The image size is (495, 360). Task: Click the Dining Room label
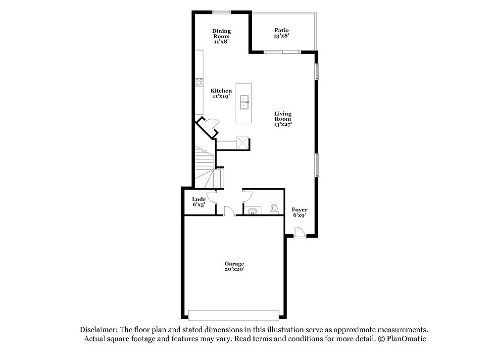tap(221, 36)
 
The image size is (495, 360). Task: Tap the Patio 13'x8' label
tap(281, 33)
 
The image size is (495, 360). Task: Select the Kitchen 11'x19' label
tap(221, 94)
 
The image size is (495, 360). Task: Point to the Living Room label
tap(283, 119)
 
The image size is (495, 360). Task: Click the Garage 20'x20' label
tap(234, 266)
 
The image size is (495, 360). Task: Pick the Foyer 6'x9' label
tap(299, 212)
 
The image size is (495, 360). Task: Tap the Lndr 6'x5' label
tap(199, 202)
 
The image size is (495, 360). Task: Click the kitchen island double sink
tap(245, 103)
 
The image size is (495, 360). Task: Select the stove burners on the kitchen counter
tap(199, 82)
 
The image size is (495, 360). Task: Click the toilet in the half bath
tap(274, 209)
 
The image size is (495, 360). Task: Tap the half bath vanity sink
tap(253, 210)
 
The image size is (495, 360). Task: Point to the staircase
tap(208, 167)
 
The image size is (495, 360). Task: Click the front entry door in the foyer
tap(299, 233)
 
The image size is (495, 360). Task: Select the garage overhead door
tap(234, 315)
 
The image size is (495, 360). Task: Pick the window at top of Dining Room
tap(221, 12)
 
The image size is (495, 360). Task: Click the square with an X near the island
tap(243, 143)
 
